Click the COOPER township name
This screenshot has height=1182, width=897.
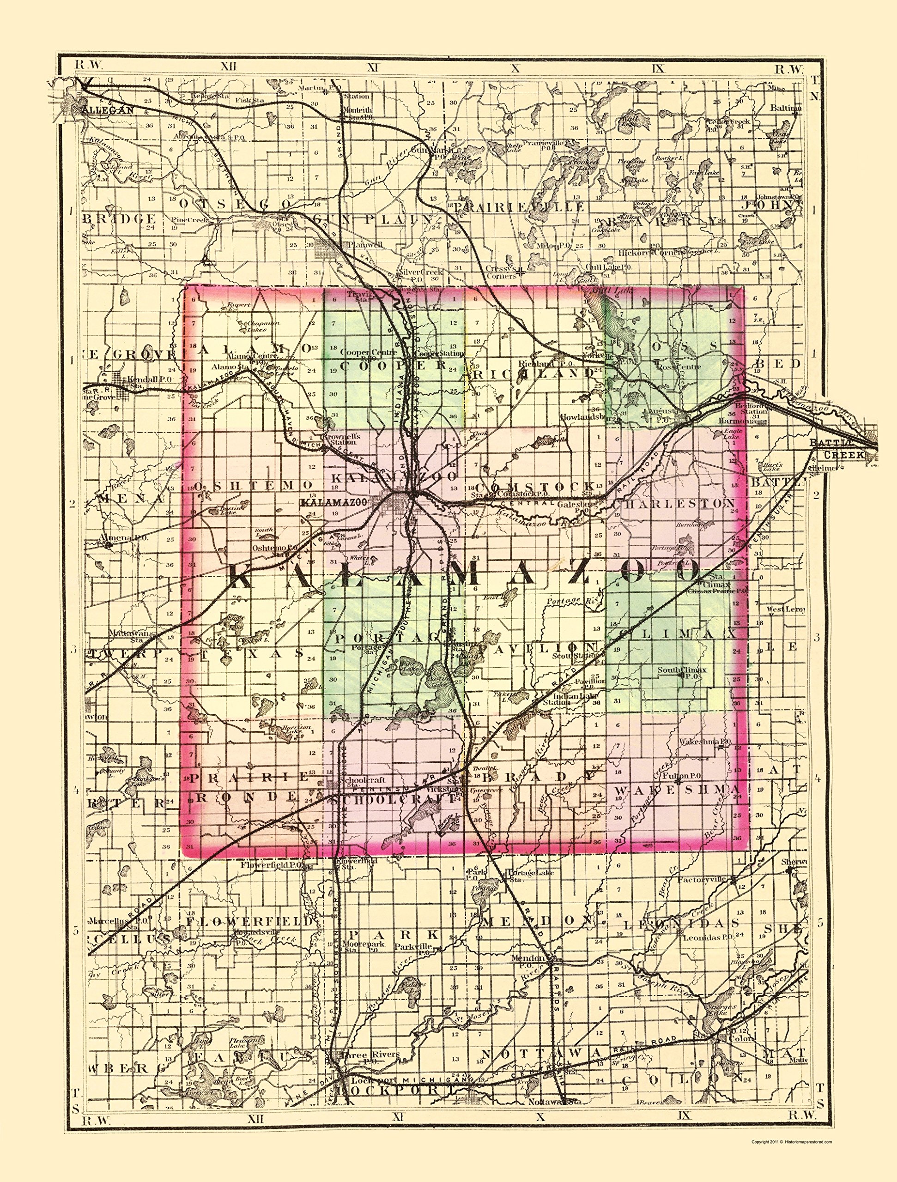click(393, 366)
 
